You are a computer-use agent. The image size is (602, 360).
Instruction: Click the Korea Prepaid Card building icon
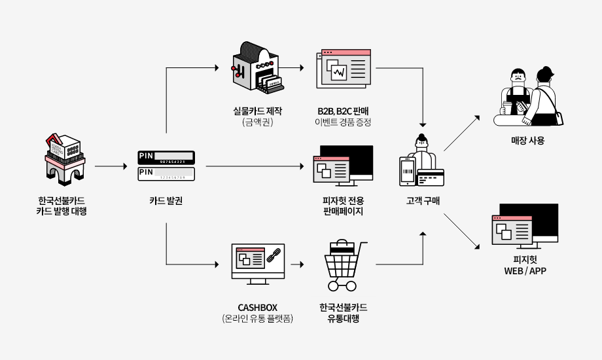click(x=65, y=160)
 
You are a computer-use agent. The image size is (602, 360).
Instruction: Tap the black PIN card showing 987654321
click(x=166, y=158)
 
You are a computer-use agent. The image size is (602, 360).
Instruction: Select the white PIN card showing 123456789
click(x=166, y=174)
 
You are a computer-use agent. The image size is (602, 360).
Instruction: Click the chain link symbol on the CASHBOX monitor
click(x=274, y=255)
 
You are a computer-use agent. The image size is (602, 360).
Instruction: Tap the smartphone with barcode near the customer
click(x=408, y=171)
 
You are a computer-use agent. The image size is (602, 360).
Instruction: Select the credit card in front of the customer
click(x=431, y=178)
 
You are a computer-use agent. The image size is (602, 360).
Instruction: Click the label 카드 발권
click(x=166, y=200)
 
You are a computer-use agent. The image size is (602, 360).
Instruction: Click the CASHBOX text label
click(x=258, y=308)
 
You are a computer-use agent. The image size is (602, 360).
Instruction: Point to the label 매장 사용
click(x=527, y=141)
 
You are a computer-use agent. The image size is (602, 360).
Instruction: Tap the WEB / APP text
click(x=525, y=271)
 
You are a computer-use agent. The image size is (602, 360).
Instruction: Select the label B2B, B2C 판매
click(x=344, y=111)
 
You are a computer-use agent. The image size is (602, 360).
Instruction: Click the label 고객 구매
click(x=423, y=201)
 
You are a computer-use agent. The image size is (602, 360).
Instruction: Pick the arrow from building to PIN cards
click(x=111, y=166)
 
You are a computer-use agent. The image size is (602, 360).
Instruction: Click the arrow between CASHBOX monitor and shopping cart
click(x=297, y=264)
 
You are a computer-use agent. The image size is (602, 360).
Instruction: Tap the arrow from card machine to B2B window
click(x=291, y=67)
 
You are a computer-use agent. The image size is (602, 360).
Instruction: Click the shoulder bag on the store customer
click(x=559, y=118)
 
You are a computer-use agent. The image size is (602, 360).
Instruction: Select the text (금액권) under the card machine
click(x=258, y=122)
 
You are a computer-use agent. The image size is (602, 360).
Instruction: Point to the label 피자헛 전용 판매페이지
click(x=344, y=206)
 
